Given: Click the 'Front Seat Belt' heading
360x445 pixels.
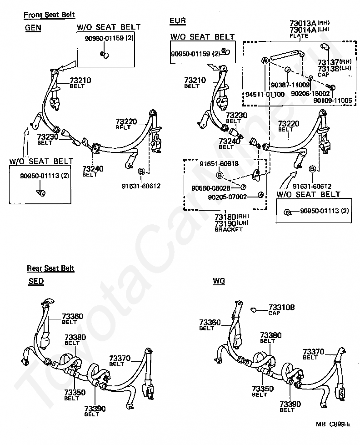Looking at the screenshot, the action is point(49,15).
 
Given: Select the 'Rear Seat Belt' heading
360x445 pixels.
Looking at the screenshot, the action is point(50,268).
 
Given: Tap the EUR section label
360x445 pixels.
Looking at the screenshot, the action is point(178,21).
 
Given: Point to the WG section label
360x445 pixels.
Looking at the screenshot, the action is point(219,281).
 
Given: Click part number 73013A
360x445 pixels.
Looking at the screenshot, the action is point(303,23).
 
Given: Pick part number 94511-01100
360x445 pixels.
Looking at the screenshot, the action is point(265,94).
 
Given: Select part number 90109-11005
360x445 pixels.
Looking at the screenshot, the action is point(332,100).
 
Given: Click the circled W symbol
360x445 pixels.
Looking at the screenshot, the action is point(265,60).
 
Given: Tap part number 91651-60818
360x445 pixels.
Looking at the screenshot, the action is point(219,164).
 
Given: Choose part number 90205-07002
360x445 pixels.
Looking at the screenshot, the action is point(227,197).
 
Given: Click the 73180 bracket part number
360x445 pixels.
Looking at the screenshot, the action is point(225,217).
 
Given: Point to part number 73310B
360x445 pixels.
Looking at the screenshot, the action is point(281,307).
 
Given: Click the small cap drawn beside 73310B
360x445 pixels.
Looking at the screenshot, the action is point(254,309).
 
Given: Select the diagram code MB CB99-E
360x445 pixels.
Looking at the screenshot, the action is point(333,424).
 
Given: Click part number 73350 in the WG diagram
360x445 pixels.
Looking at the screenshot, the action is point(263,389).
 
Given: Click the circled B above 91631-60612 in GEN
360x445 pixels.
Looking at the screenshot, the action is point(141,172).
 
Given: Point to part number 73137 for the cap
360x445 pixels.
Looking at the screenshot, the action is point(328,62).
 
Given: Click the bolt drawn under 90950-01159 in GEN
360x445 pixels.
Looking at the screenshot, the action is point(105,54).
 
